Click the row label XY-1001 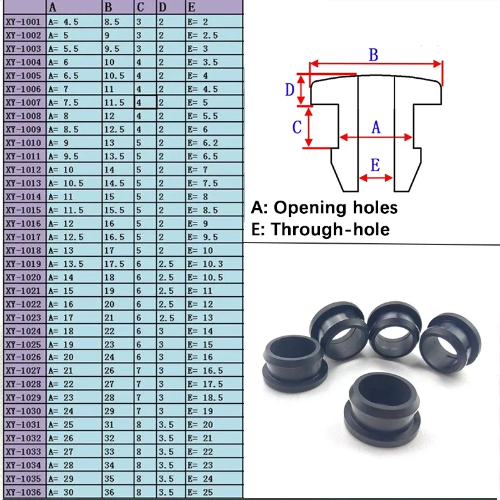(23, 21)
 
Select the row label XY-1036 (23, 492)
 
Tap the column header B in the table (109, 7)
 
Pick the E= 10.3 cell (204, 263)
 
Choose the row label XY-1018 (23, 250)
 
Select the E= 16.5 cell (204, 371)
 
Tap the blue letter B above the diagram (373, 54)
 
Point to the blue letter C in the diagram (297, 127)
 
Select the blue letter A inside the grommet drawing (376, 127)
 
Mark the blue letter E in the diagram (375, 166)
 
